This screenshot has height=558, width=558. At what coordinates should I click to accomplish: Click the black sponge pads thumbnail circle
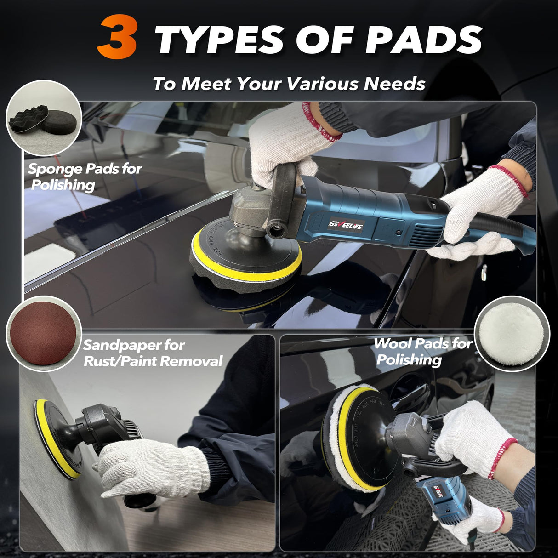tap(43, 119)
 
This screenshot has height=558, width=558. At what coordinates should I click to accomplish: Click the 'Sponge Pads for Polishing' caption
tap(85, 177)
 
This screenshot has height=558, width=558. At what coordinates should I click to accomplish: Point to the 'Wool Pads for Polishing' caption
tap(422, 351)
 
